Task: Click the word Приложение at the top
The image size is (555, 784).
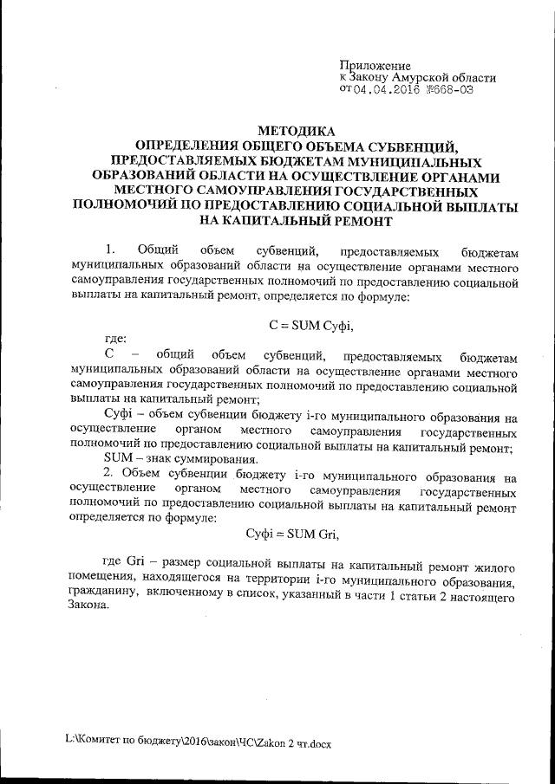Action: tap(374, 65)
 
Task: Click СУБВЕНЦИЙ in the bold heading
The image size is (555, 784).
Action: tap(410, 146)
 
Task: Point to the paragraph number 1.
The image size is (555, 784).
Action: tap(108, 252)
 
